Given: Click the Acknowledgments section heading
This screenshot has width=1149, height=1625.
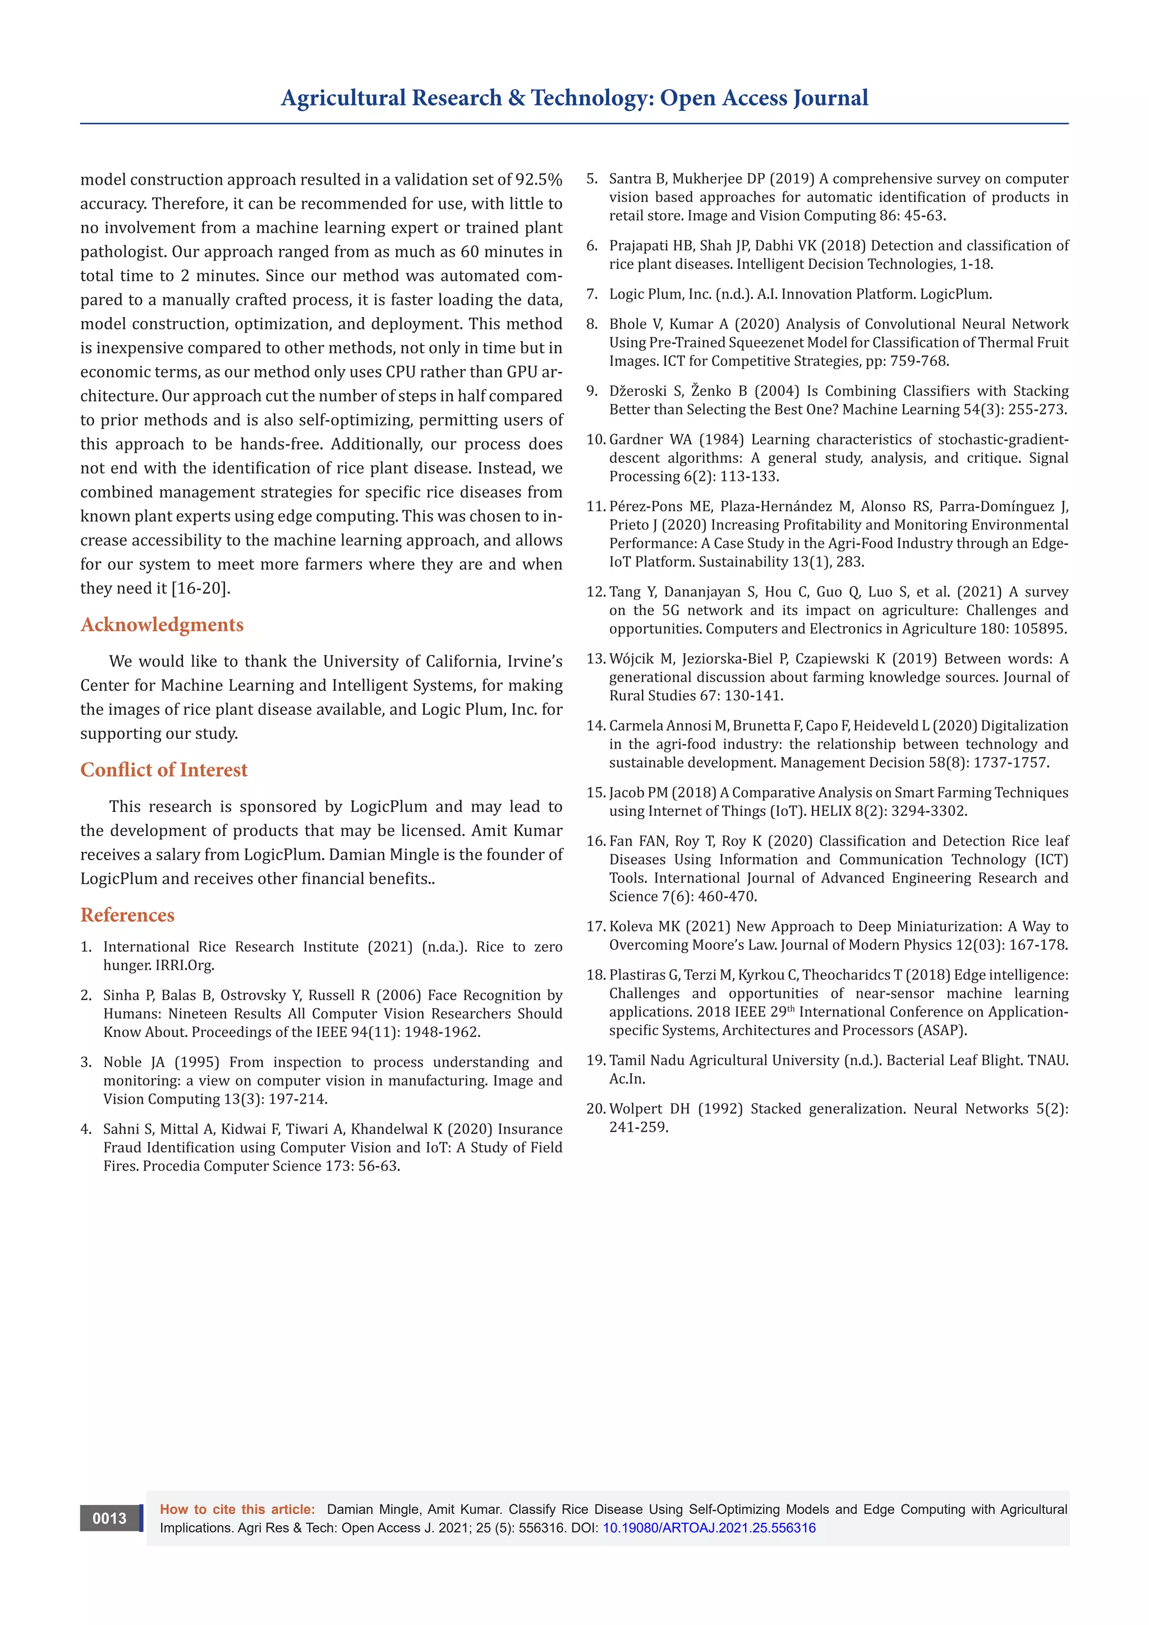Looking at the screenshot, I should pos(162,624).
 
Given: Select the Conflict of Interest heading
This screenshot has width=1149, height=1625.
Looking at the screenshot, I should pos(164,769).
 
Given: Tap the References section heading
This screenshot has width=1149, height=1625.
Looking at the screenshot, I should pos(127,915).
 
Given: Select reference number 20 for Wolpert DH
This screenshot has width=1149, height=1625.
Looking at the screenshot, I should pos(596,1108).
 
